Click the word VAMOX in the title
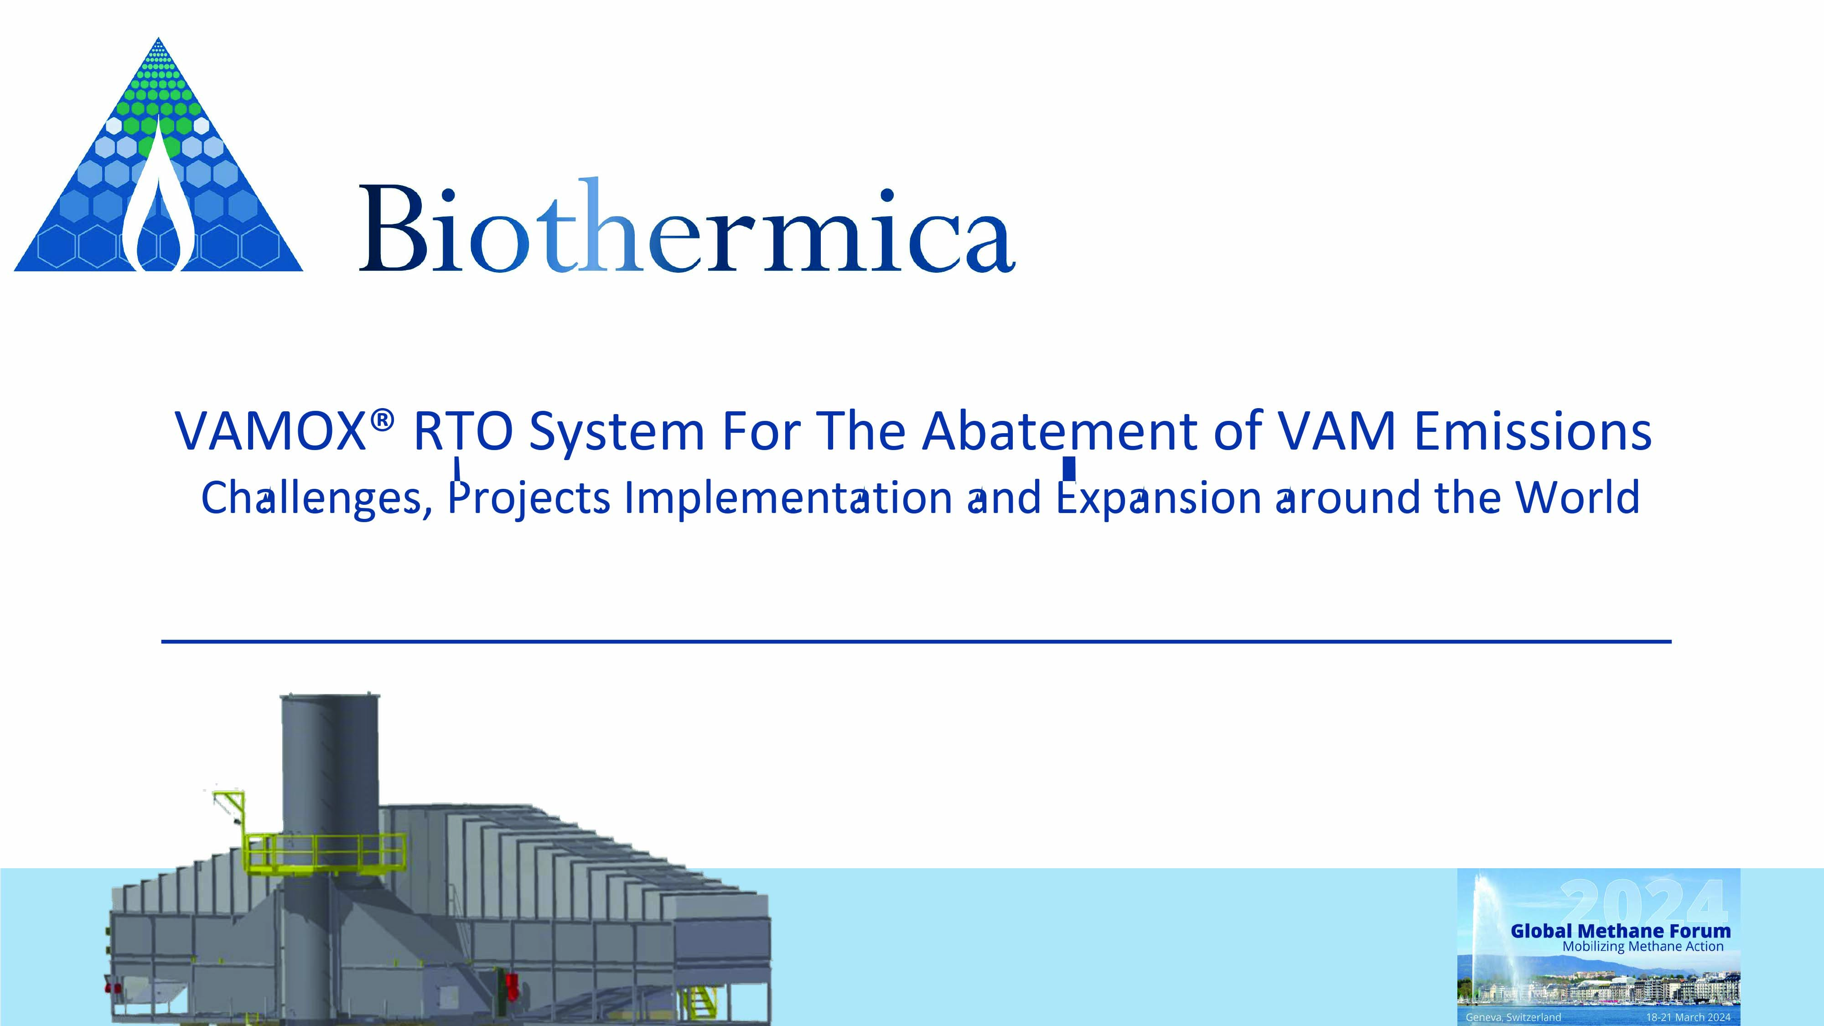click(x=270, y=431)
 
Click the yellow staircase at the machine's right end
click(x=700, y=1002)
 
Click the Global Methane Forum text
click(x=1620, y=931)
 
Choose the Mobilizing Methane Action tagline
click(x=1643, y=947)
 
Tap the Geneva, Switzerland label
click(x=1513, y=1017)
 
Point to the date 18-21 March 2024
click(x=1688, y=1017)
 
